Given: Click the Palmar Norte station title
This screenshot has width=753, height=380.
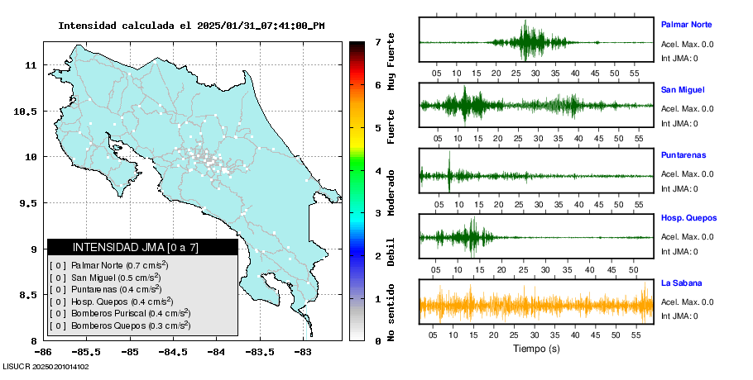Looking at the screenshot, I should click(x=686, y=25).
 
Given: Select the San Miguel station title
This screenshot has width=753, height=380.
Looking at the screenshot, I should click(x=683, y=90).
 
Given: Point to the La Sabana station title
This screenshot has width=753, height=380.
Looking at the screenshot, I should click(x=682, y=283).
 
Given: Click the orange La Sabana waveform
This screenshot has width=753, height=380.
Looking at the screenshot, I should click(x=536, y=305).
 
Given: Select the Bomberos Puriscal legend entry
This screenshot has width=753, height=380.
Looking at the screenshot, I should click(x=120, y=313).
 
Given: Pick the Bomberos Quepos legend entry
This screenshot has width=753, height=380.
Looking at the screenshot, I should click(x=118, y=325).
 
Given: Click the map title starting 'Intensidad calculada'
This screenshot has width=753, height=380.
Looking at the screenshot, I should click(x=191, y=26).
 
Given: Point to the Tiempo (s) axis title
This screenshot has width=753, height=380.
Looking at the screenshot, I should click(x=536, y=349).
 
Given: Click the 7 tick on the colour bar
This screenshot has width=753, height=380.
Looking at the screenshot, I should click(x=377, y=42).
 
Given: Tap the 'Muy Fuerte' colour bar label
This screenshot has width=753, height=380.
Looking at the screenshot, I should click(x=391, y=63).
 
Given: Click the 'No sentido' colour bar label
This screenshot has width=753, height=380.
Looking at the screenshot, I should click(x=391, y=313).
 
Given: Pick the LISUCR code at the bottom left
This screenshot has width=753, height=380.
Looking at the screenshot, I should click(x=46, y=366).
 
